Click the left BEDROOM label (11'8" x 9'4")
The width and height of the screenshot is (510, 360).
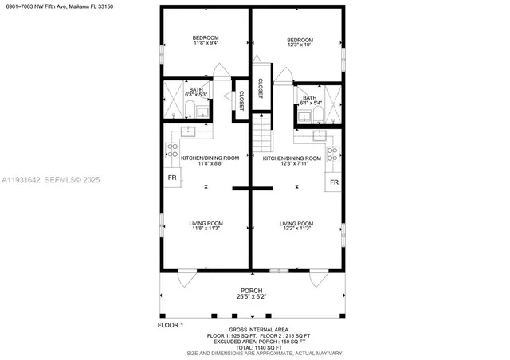click(x=206, y=41)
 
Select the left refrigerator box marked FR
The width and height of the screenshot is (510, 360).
click(x=171, y=178)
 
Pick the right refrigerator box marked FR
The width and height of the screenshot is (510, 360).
click(x=335, y=182)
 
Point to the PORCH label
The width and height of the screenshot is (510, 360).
click(x=252, y=293)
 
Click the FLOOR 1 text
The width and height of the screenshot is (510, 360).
click(x=171, y=325)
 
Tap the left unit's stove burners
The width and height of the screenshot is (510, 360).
click(x=171, y=148)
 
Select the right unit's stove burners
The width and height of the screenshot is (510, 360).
click(x=334, y=153)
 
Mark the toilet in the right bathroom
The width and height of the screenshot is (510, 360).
click(x=316, y=116)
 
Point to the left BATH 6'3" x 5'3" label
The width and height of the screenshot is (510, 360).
click(x=196, y=92)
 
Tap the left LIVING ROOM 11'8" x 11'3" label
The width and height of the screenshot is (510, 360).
click(x=206, y=225)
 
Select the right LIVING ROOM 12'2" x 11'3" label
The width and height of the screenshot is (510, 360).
click(x=296, y=225)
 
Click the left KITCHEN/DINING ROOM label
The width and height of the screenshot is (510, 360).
click(x=210, y=161)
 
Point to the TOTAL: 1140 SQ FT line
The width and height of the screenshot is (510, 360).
click(x=252, y=347)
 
